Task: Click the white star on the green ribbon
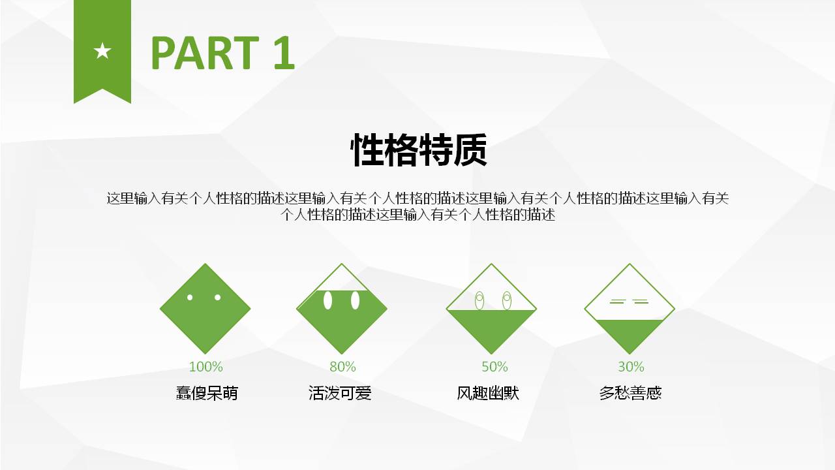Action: (102, 50)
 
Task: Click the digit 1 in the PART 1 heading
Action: (284, 53)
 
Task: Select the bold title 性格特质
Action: (418, 151)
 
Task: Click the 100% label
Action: (205, 367)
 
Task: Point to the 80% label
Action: (342, 367)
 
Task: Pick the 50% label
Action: (494, 367)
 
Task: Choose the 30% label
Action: (631, 367)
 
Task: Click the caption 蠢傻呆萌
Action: (207, 393)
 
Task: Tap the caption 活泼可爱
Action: (340, 393)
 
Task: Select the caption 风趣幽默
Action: (488, 393)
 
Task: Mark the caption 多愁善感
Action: (630, 393)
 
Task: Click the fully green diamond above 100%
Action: (205, 320)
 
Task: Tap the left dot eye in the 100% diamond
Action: (190, 298)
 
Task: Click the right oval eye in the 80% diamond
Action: (355, 300)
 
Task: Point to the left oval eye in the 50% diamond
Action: (479, 300)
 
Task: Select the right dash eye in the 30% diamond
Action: (641, 302)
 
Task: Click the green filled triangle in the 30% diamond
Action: (630, 333)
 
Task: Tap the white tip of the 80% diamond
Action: (342, 277)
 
